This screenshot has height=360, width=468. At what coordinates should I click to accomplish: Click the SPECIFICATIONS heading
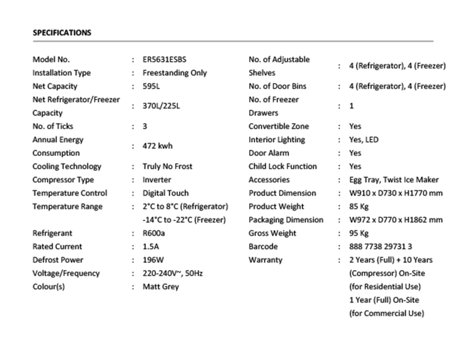62,33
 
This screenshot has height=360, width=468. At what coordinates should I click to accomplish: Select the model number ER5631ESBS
164,60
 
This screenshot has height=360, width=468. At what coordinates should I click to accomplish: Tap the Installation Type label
61,73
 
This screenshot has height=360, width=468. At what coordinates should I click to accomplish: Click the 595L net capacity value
151,86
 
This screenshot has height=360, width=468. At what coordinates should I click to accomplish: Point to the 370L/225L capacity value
161,106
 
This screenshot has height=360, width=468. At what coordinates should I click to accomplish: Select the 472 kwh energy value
157,146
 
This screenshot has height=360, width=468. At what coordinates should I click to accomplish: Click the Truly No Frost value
167,166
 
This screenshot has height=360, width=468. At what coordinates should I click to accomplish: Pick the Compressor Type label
63,180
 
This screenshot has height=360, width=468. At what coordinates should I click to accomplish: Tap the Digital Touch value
165,193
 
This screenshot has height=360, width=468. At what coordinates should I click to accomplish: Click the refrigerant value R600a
154,233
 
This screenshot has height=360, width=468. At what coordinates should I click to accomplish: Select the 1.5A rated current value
151,246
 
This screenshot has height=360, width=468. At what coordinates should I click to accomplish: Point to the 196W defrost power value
153,260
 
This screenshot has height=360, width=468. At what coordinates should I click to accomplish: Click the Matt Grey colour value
161,287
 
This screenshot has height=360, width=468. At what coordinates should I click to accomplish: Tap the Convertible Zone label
279,126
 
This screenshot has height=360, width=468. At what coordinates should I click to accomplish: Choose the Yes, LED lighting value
363,140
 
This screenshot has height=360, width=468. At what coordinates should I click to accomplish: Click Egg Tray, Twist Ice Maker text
393,180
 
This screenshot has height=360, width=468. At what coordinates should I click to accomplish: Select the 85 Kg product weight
359,206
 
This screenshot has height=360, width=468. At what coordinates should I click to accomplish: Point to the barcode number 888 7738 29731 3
380,246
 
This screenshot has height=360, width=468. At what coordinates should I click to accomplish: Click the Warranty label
265,260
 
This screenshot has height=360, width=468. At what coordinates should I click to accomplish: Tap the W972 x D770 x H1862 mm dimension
396,220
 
